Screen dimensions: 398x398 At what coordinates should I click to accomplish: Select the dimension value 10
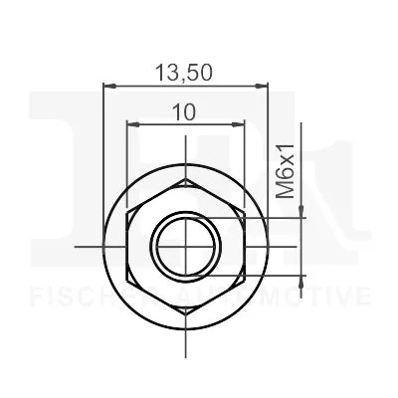[183, 112]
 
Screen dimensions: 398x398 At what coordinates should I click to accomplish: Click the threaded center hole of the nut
[184, 244]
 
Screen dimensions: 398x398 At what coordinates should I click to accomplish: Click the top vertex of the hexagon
[184, 180]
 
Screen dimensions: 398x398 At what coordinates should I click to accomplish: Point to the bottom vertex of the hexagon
[184, 306]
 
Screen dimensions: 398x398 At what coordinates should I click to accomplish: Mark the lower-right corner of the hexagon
[239, 276]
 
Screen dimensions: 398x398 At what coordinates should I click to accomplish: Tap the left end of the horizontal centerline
[76, 244]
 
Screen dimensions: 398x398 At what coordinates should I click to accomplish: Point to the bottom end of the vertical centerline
[184, 354]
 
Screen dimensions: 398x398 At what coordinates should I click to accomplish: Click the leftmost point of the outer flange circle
[104, 244]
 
